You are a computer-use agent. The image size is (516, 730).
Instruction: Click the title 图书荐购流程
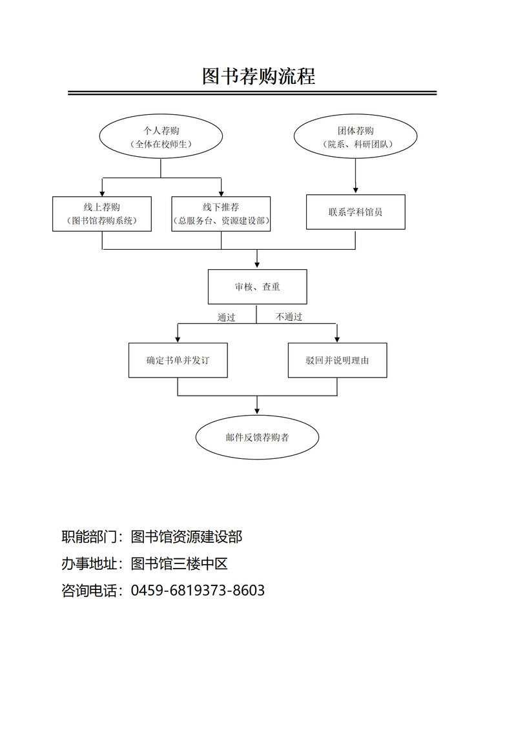tap(258, 76)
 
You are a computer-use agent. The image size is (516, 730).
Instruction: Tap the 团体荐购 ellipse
tap(355, 137)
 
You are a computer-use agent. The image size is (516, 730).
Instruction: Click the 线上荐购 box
tap(102, 214)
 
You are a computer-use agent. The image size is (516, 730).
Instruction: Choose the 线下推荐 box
tap(221, 214)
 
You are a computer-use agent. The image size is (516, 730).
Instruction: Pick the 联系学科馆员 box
tap(355, 212)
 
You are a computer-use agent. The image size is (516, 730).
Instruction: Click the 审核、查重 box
tap(257, 287)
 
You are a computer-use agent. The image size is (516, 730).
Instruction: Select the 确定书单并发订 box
tap(178, 360)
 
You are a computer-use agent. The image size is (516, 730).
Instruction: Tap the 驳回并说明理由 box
tap(337, 360)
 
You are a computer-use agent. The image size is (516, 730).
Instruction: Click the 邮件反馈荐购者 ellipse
tap(257, 437)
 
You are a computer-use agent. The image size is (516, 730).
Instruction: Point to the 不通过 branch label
tap(289, 317)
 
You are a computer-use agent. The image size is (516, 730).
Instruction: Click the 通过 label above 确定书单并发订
tap(226, 317)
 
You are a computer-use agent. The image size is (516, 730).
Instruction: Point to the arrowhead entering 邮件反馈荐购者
tap(257, 410)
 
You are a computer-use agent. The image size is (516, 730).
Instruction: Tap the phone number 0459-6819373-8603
tap(198, 590)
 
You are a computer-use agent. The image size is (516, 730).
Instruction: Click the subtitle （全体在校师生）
tap(161, 145)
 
